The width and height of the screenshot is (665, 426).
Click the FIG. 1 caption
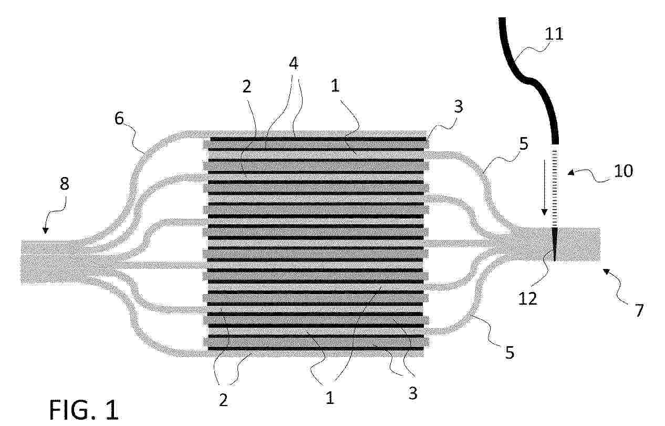[x=84, y=410]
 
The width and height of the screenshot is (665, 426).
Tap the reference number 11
[x=554, y=34]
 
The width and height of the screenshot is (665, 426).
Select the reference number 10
[x=624, y=171]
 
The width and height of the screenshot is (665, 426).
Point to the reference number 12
[x=528, y=299]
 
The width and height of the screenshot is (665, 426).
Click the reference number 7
[x=639, y=310]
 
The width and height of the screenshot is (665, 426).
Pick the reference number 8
[x=65, y=184]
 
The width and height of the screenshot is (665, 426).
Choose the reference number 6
[x=119, y=119]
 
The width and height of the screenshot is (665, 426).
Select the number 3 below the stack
[x=413, y=393]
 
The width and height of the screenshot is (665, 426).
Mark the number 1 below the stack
[x=330, y=398]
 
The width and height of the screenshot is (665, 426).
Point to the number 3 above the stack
[x=459, y=107]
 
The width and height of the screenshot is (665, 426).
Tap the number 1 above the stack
[x=335, y=86]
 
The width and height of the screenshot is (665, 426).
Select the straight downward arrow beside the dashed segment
[x=544, y=188]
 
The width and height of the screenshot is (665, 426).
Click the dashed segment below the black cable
[x=555, y=186]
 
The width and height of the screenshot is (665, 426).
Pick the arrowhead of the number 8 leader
[x=45, y=231]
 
